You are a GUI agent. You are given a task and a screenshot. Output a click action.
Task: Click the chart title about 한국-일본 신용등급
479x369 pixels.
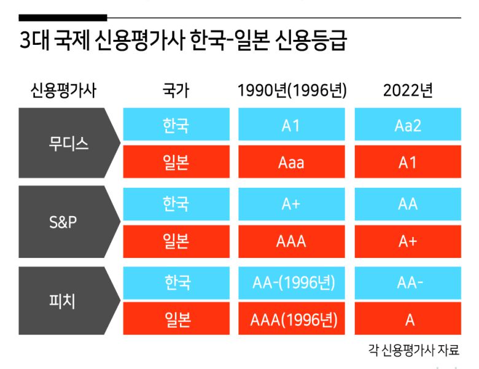pyautogui.click(x=183, y=42)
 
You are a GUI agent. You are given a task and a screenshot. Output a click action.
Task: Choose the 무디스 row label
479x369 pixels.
pyautogui.click(x=69, y=144)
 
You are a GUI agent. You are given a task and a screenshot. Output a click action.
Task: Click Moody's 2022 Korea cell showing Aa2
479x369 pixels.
pyautogui.click(x=408, y=125)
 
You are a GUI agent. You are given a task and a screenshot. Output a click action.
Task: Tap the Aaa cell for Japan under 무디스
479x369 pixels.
pyautogui.click(x=291, y=163)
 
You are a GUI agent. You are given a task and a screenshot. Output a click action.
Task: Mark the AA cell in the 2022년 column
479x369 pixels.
pyautogui.click(x=408, y=204)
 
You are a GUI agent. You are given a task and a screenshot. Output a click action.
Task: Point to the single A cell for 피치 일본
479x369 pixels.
pyautogui.click(x=408, y=320)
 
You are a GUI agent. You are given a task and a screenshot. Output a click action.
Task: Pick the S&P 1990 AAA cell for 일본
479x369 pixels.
pyautogui.click(x=291, y=241)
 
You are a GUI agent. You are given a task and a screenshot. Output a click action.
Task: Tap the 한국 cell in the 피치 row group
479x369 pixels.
pyautogui.click(x=177, y=283)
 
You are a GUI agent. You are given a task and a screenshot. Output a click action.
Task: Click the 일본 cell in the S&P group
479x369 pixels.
pyautogui.click(x=177, y=241)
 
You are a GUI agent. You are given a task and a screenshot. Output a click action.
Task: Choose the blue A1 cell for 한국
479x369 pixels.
pyautogui.click(x=291, y=125)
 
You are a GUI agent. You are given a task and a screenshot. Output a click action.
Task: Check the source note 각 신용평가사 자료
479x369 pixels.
pyautogui.click(x=413, y=351)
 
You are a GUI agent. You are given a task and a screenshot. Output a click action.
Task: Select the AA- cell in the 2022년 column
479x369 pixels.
pyautogui.click(x=408, y=283)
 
